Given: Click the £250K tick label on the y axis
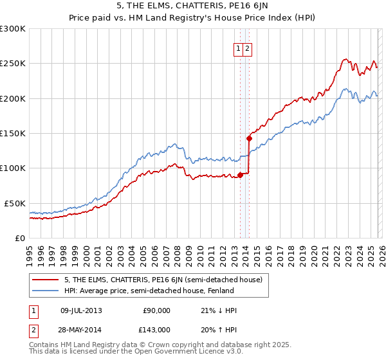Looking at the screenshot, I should click(12, 64).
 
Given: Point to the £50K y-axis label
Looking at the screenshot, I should click(15, 203).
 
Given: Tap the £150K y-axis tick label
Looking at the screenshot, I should click(12, 133).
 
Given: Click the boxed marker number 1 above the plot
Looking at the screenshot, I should click(238, 48).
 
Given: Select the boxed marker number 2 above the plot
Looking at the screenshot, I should click(247, 48).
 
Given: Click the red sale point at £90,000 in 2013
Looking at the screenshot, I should click(240, 175).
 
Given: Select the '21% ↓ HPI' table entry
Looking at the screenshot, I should click(219, 310).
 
